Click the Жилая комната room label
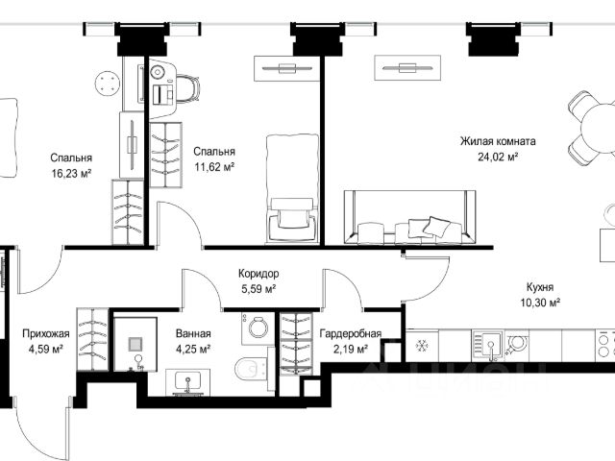pos(498,141)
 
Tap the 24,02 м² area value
pos(498,158)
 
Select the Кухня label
pos(540,287)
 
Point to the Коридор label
pos(258,273)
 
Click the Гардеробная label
pos(350,333)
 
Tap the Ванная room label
pos(193,333)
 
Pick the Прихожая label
pos(46,334)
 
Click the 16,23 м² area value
pos(71,173)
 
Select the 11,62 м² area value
pos(214,167)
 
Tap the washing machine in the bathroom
pos(258,328)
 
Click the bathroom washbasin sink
pos(188,382)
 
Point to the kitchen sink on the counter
pos(487,346)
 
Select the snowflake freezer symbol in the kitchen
pos(422,346)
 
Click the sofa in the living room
pos(410,218)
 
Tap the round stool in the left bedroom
pos(107,84)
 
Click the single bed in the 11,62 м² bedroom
pos(292,188)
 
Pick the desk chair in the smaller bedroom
pos(187,89)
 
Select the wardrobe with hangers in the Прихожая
pos(92,339)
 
